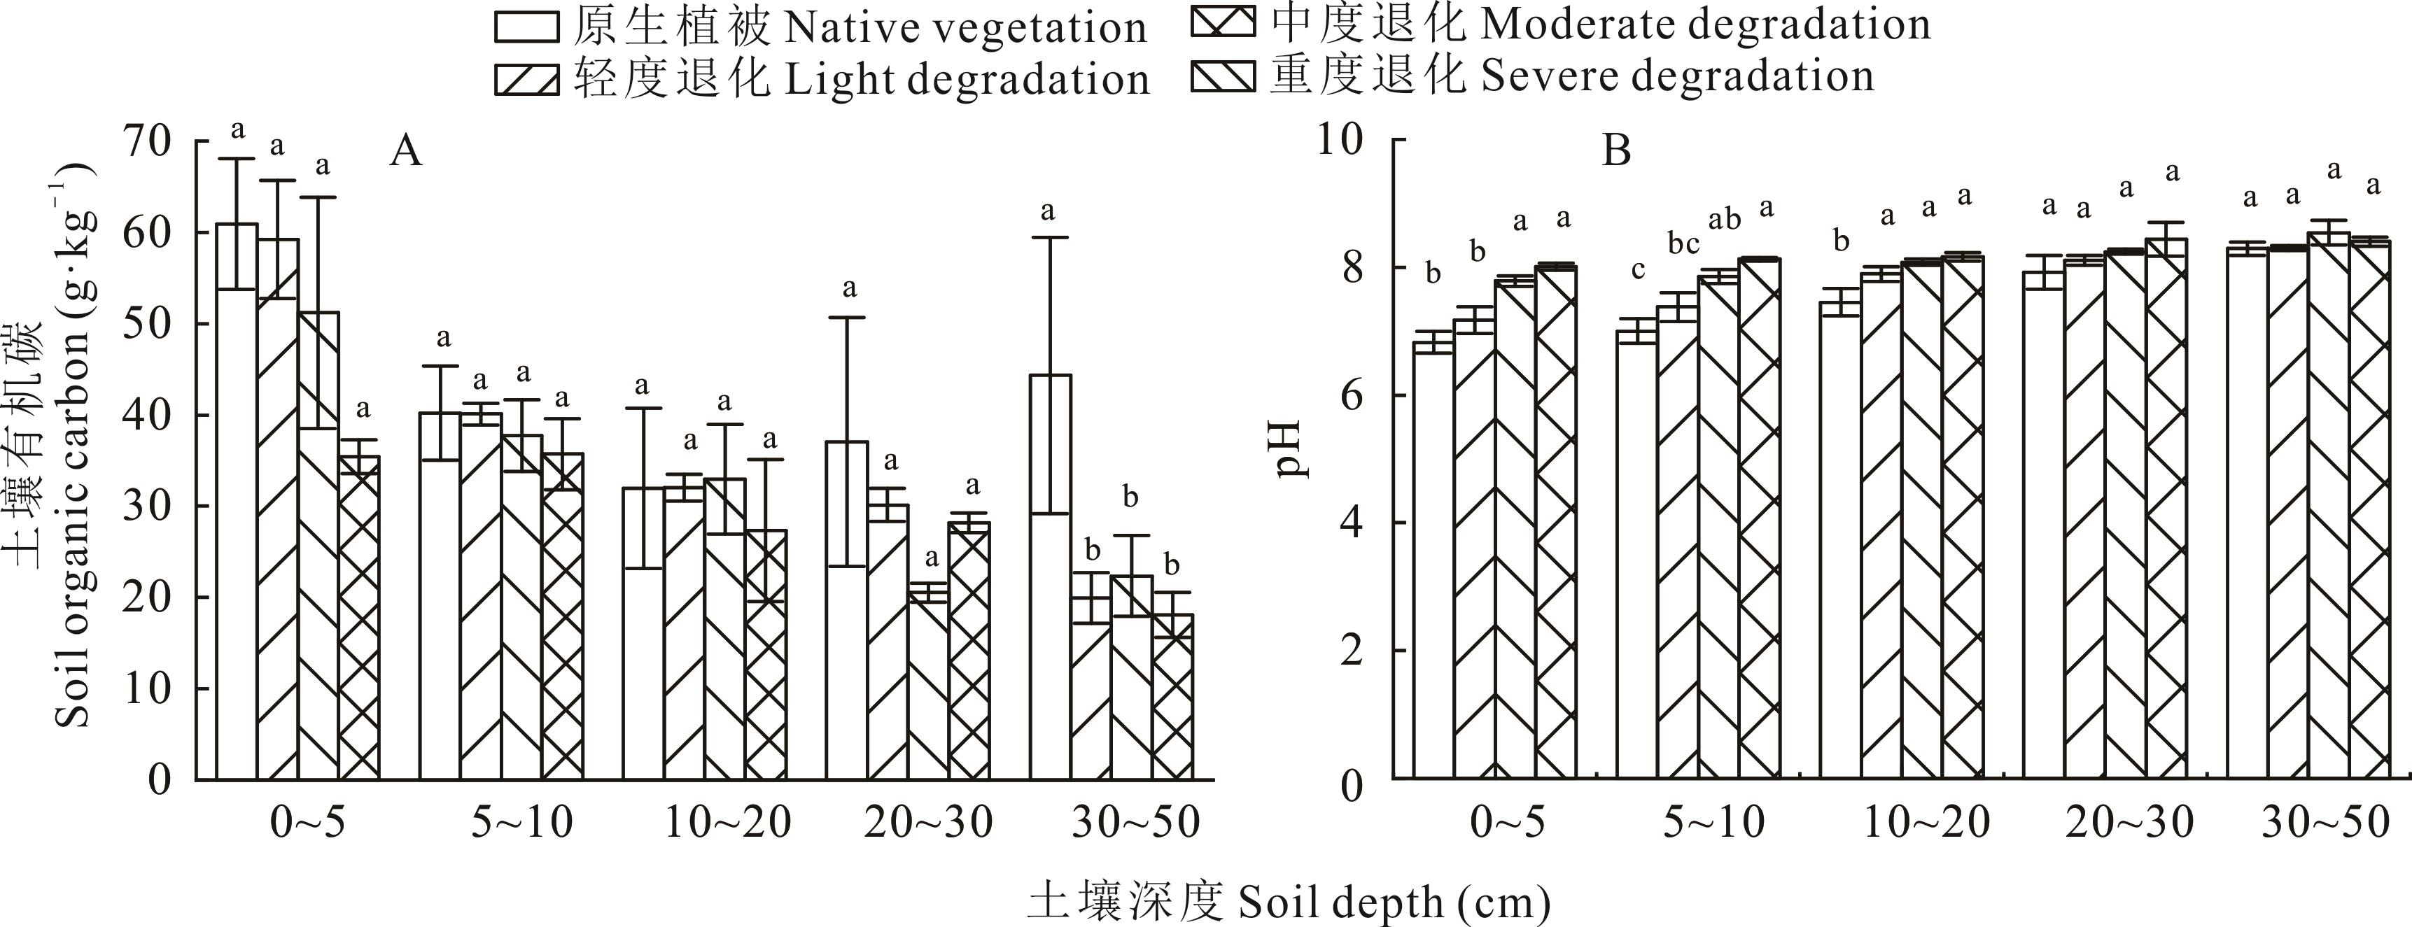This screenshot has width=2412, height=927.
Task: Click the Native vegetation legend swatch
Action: [527, 27]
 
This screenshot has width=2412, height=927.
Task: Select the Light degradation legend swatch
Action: [527, 80]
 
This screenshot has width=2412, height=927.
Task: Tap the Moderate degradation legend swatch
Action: [1223, 22]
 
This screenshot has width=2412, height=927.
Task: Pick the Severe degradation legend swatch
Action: [1223, 75]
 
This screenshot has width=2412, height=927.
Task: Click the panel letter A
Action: [405, 150]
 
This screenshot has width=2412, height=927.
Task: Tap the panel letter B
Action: [1616, 150]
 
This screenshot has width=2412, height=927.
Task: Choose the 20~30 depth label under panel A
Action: [929, 822]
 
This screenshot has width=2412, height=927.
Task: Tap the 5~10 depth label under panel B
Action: [1713, 822]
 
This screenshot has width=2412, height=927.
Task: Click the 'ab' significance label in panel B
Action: [1725, 220]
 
